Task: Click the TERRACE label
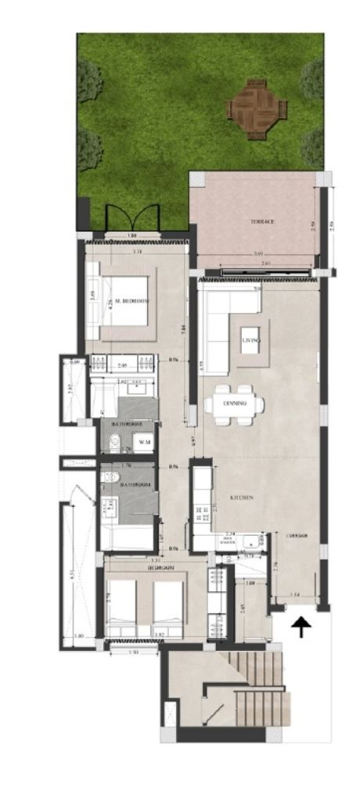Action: coord(262,221)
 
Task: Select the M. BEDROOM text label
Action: coord(131,301)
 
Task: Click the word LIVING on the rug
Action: coord(251,341)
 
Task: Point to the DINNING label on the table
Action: coord(235,403)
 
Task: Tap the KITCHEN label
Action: coord(240,497)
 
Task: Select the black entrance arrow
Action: coord(301,627)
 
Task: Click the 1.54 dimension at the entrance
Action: coord(294,596)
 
